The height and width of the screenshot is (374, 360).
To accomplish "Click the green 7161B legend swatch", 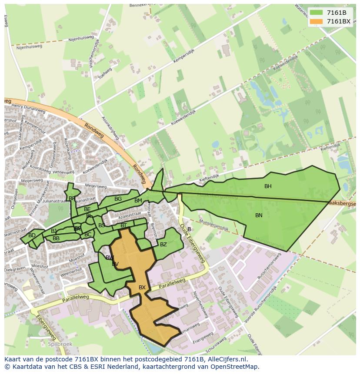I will pos(316,13).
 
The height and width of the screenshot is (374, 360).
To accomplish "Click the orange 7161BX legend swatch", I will pos(316,21).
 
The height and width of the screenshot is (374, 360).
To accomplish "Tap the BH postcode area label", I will pos(268,186).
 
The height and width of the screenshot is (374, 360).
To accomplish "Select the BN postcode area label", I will pos(259,215).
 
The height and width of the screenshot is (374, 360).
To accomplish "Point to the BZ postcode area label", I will pos(163,245).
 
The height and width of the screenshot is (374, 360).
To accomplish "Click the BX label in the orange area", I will pos(142,288).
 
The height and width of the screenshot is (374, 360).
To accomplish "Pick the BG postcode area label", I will pos(118,199).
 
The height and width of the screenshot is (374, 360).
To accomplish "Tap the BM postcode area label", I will pos(138,201).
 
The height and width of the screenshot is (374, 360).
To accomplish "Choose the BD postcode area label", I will pos(32,235).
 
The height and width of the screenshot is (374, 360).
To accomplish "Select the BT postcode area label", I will pos(124,225).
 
